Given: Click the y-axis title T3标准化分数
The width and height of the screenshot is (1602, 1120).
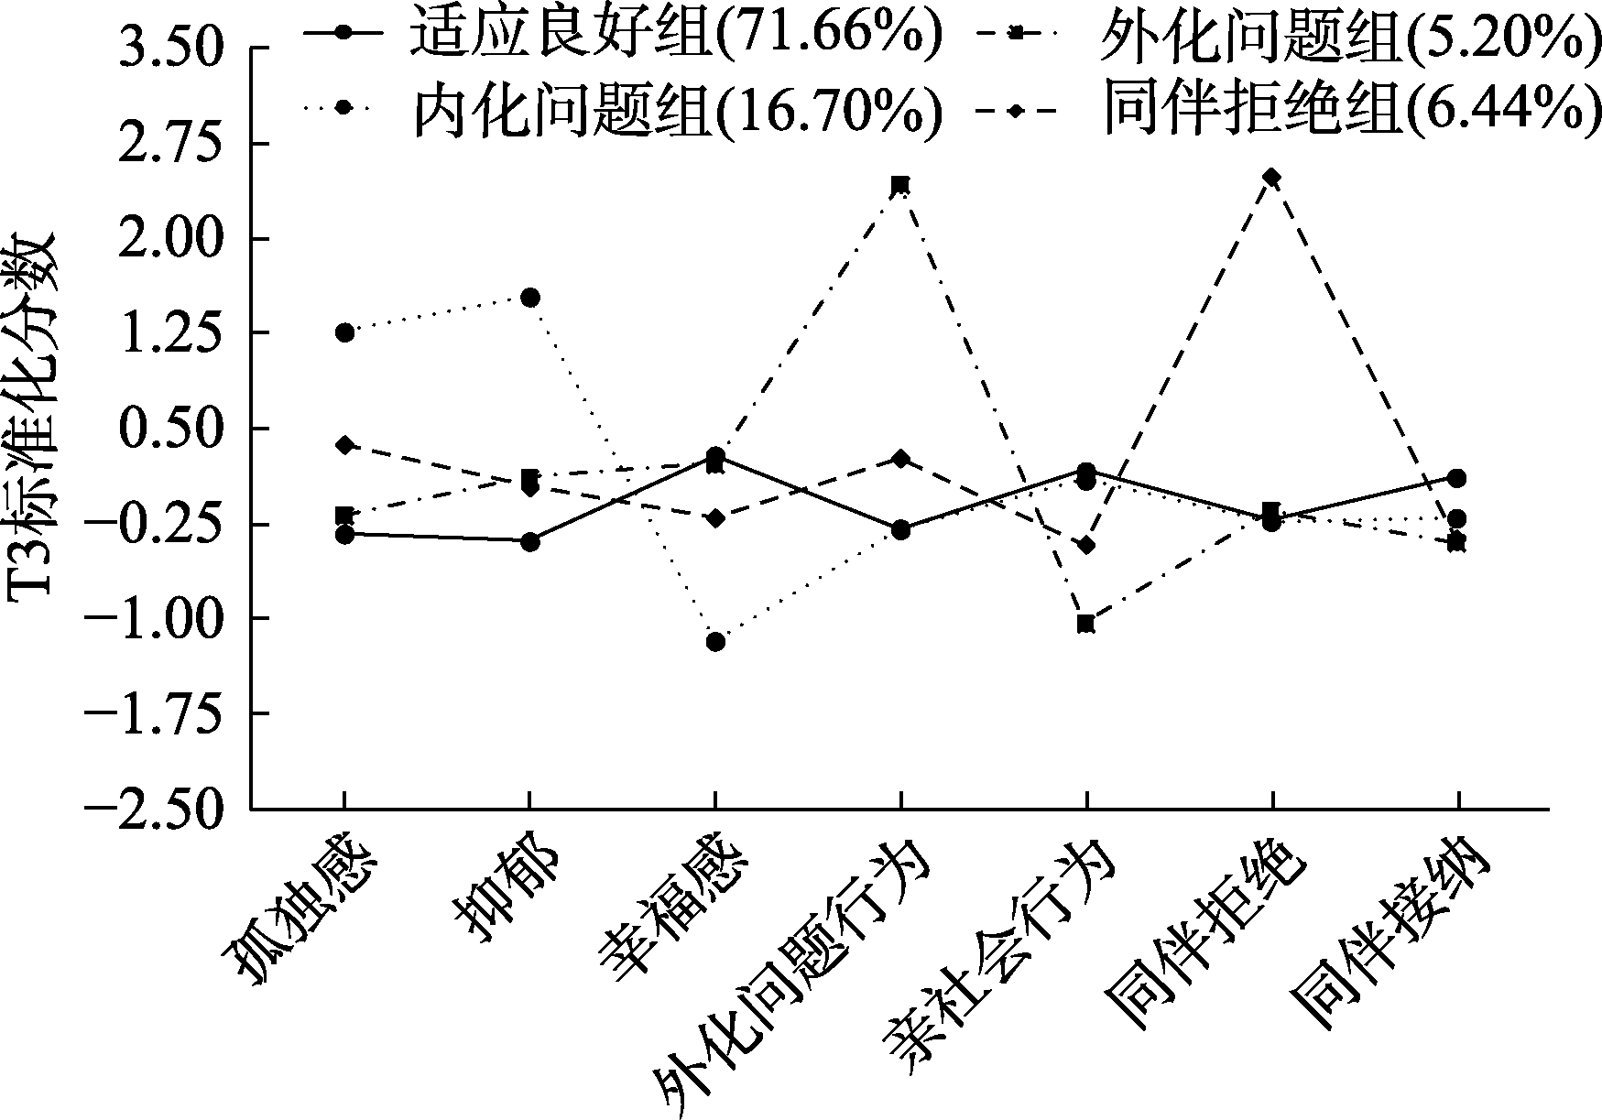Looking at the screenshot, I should pyautogui.click(x=32, y=417).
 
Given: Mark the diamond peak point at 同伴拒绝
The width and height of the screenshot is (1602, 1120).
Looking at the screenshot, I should pyautogui.click(x=1271, y=177).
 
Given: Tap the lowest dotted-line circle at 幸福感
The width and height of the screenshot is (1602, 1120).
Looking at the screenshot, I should pyautogui.click(x=715, y=642).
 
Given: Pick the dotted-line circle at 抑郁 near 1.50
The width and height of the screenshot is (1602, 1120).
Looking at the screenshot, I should pyautogui.click(x=529, y=297).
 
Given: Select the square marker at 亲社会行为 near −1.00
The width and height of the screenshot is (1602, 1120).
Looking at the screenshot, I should pyautogui.click(x=1085, y=624).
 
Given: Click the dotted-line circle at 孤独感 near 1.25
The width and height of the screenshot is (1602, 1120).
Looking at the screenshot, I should pyautogui.click(x=344, y=332).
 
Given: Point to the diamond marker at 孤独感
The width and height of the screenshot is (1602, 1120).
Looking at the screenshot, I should pyautogui.click(x=344, y=445).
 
